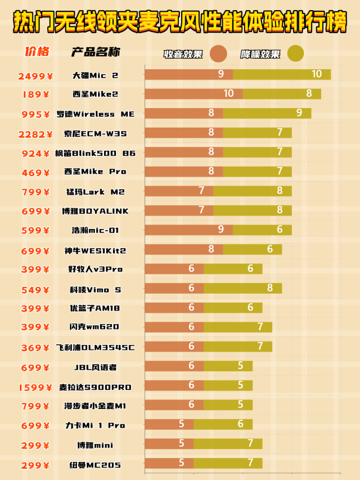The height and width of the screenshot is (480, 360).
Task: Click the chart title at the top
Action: pyautogui.click(x=180, y=23)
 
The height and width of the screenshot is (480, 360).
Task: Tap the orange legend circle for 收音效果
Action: pyautogui.click(x=218, y=53)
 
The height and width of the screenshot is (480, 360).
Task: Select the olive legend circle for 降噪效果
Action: pyautogui.click(x=295, y=53)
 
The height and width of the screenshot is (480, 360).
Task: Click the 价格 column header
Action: pyautogui.click(x=37, y=52)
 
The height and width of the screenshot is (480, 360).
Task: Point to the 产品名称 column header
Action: pyautogui.click(x=96, y=53)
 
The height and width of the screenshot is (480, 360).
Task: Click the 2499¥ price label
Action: pyautogui.click(x=34, y=75)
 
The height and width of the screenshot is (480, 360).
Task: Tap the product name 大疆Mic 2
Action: pyautogui.click(x=96, y=75)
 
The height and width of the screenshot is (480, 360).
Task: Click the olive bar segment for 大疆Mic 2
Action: pyautogui.click(x=282, y=74)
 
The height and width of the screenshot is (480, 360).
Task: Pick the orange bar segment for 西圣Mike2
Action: pyautogui.click(x=194, y=94)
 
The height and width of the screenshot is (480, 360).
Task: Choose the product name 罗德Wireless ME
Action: pyautogui.click(x=96, y=114)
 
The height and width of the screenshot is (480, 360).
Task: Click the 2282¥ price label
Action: pyautogui.click(x=35, y=134)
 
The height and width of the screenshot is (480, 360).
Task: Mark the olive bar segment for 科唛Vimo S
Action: pyautogui.click(x=242, y=288)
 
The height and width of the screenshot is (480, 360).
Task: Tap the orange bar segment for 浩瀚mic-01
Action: pyautogui.click(x=189, y=230)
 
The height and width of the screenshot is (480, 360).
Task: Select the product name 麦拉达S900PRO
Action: pyautogui.click(x=96, y=387)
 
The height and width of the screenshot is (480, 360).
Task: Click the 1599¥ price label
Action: pyautogui.click(x=35, y=387)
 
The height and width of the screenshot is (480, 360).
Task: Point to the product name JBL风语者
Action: pyautogui.click(x=96, y=367)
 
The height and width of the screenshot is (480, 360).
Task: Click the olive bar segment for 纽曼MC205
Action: pyautogui.click(x=228, y=463)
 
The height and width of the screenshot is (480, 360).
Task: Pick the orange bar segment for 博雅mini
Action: pyautogui.click(x=169, y=444)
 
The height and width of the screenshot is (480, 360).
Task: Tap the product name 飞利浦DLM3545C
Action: pyautogui.click(x=96, y=347)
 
